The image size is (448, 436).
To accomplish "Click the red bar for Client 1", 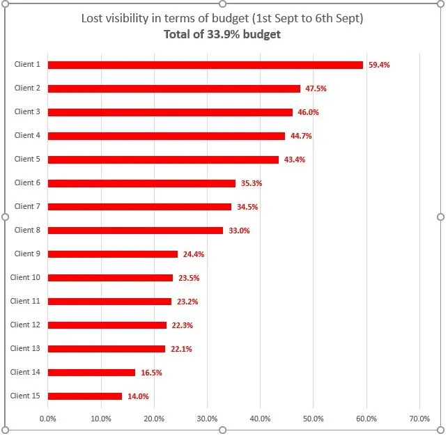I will [x=206, y=65].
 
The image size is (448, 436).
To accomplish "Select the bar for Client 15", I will [x=85, y=396].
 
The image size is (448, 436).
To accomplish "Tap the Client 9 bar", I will [x=113, y=254].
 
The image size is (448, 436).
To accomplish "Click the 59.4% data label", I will [x=379, y=65].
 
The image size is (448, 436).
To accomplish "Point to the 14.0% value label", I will [x=138, y=396].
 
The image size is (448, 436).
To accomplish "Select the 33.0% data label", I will [x=239, y=231].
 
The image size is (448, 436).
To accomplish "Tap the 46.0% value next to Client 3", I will [x=308, y=112].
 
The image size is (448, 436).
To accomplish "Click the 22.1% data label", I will [x=181, y=349].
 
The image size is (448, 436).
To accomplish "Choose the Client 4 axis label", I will [x=27, y=135].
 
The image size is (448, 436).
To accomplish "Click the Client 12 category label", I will [x=25, y=325].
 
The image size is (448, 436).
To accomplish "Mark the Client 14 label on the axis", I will [x=25, y=372].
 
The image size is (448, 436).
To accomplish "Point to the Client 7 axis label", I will [x=27, y=206].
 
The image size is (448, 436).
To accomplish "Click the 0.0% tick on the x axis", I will [x=48, y=419].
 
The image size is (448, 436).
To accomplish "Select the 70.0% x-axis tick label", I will [x=419, y=419].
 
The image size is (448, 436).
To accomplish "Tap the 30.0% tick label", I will [x=207, y=419].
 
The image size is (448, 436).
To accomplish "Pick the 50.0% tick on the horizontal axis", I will [x=313, y=419].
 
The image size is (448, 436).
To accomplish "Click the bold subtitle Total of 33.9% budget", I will [x=222, y=34].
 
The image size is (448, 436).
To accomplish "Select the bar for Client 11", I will [x=109, y=302].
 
